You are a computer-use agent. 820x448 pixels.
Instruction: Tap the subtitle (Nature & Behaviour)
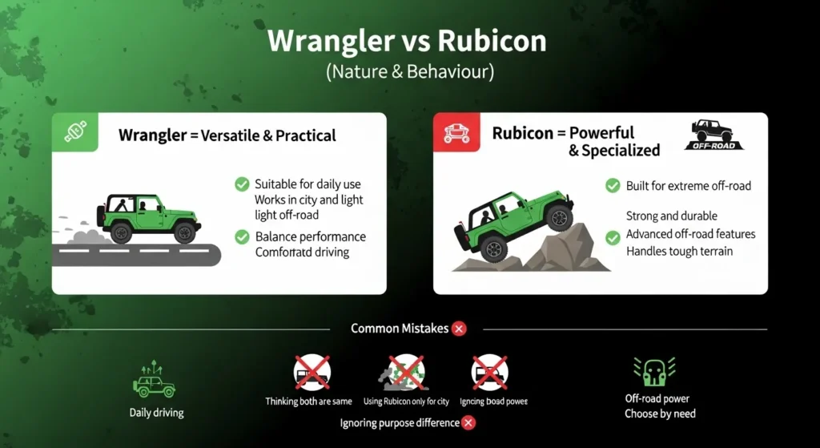tap(410, 71)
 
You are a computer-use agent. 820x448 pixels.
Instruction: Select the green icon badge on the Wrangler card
tap(74, 132)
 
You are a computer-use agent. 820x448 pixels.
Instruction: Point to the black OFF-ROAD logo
tap(713, 135)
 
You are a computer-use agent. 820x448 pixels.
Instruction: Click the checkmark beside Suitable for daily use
tap(241, 184)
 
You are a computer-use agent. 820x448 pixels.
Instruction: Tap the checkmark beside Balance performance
tap(241, 236)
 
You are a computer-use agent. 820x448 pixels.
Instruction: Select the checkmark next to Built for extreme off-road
tap(613, 186)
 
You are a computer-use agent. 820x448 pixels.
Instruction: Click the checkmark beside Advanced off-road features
tap(613, 237)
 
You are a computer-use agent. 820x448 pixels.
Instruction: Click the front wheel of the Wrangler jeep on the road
tap(185, 232)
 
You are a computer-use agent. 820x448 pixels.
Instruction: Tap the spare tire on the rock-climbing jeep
tap(465, 232)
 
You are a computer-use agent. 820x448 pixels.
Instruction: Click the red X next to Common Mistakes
tap(459, 328)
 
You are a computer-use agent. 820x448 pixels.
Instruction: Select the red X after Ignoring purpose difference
tap(469, 422)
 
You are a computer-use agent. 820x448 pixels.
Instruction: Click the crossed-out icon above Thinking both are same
tap(312, 373)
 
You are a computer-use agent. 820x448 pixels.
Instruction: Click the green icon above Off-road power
tap(657, 371)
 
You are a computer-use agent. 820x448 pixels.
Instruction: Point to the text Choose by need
tap(660, 414)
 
